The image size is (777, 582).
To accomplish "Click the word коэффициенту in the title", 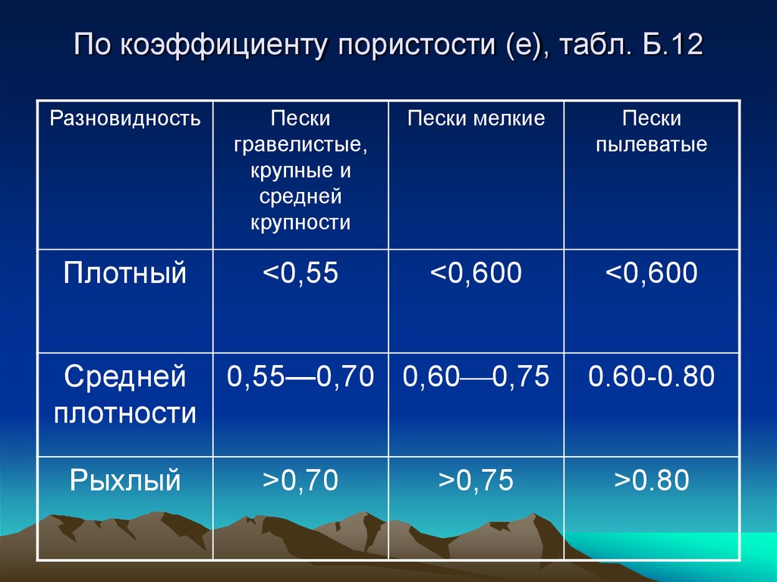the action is tap(224, 45).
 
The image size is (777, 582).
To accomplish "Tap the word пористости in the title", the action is tap(417, 45).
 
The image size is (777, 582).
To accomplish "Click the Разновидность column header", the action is tap(125, 118).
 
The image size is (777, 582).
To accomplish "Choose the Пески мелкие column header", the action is tap(477, 118).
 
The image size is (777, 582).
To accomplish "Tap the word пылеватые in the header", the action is tap(651, 144).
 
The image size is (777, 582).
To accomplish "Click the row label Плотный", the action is tap(125, 272).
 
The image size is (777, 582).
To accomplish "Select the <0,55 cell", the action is tap(300, 272).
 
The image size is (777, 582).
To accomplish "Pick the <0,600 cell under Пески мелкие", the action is tap(477, 272).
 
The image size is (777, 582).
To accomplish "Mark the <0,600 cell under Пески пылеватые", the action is tap(652, 272).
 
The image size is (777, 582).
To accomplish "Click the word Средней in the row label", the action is tap(125, 377).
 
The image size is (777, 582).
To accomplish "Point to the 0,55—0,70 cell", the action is tap(300, 376).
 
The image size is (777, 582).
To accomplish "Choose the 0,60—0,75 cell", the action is tap(477, 376).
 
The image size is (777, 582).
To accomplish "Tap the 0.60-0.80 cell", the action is tap(652, 376).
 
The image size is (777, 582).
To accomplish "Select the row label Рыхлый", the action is tap(125, 481).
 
